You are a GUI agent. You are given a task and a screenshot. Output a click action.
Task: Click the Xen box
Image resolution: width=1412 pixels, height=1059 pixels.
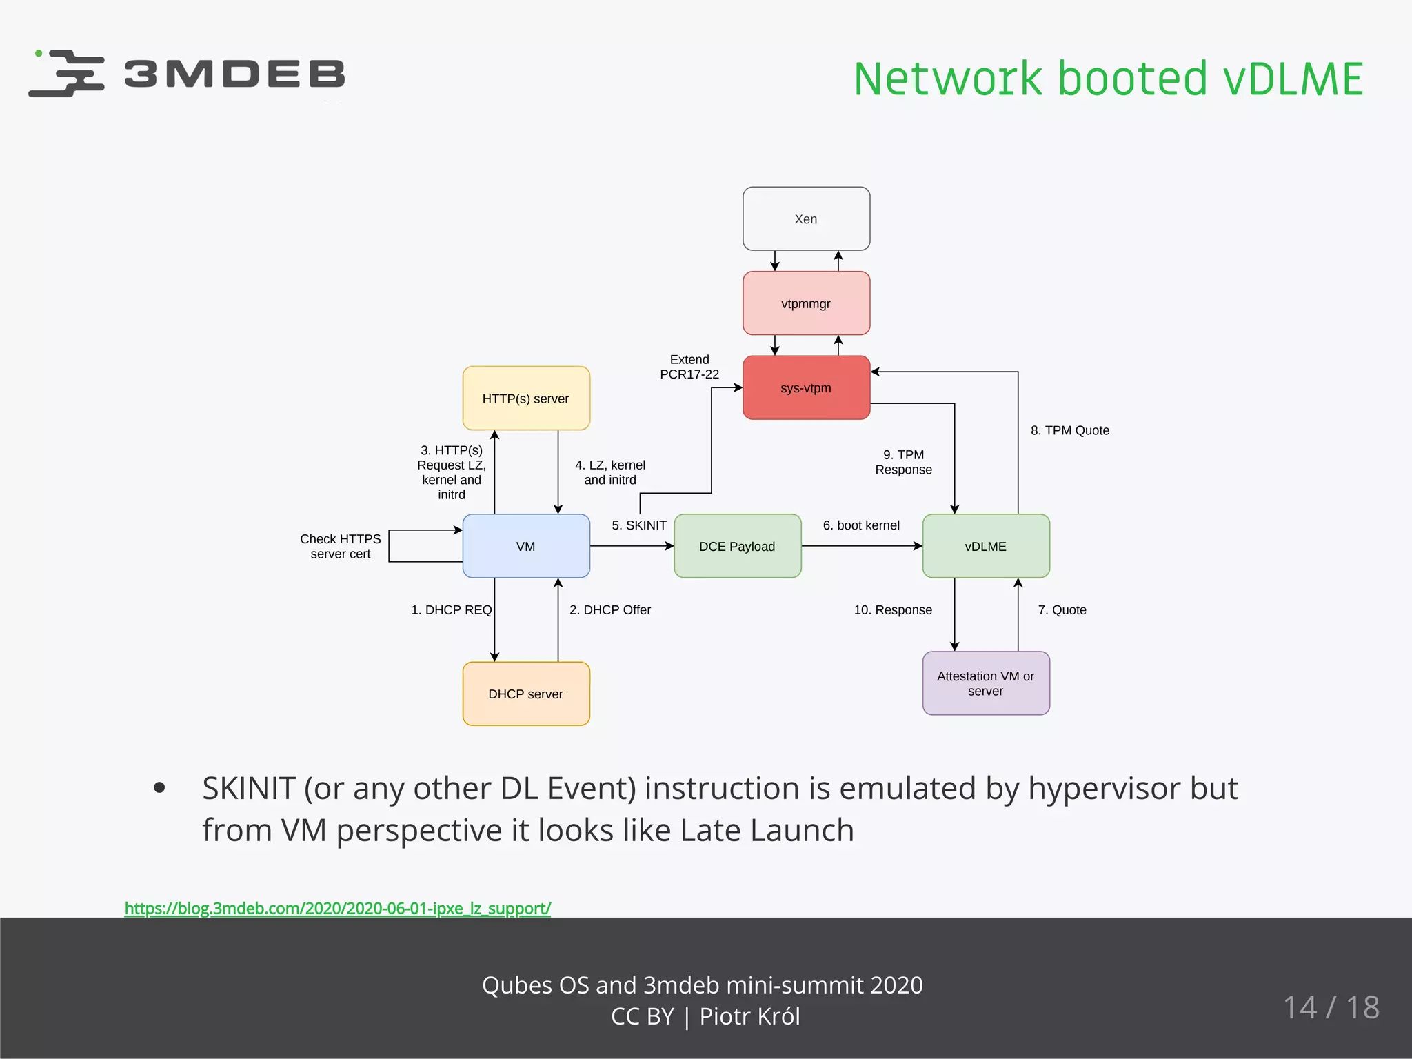(x=806, y=219)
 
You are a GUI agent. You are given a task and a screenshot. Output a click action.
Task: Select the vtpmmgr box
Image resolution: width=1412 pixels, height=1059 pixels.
(x=806, y=303)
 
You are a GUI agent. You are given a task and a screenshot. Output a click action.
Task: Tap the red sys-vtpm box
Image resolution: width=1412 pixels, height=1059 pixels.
(x=806, y=387)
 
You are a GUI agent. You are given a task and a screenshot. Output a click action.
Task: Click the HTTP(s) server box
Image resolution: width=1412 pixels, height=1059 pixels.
(x=526, y=399)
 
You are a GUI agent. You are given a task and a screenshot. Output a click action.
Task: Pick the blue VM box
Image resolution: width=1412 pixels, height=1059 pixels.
(x=526, y=546)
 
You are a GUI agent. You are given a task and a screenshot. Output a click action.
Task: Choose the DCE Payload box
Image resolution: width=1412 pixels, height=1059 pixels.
(x=737, y=546)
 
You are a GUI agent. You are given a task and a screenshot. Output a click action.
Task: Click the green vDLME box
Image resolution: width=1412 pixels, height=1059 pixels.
(x=986, y=546)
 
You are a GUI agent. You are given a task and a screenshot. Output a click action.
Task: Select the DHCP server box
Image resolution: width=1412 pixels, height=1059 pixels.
(x=526, y=694)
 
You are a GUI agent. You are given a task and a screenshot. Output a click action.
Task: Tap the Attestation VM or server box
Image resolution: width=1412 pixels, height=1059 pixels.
(x=986, y=683)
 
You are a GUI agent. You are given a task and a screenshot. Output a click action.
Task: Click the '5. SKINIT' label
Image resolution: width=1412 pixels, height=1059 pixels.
(x=639, y=525)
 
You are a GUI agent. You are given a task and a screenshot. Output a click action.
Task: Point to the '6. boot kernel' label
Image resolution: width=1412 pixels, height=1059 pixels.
(x=861, y=525)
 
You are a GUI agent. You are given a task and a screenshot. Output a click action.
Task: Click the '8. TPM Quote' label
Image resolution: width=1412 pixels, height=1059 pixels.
(x=1070, y=430)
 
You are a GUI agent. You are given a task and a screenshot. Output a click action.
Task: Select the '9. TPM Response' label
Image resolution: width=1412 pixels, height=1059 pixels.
(x=903, y=462)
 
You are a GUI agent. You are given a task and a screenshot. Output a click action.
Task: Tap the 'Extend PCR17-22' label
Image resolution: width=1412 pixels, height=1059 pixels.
(x=689, y=367)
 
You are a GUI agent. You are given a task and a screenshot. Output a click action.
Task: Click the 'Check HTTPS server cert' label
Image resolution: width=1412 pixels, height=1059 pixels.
(x=341, y=546)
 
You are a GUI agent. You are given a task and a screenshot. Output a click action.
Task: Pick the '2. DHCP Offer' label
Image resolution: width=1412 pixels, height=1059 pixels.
(x=610, y=609)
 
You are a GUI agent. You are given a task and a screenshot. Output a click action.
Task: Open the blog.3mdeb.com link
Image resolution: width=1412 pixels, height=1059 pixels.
(x=338, y=908)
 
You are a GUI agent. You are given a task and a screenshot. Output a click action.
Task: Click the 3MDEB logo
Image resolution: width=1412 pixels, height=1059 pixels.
(x=186, y=73)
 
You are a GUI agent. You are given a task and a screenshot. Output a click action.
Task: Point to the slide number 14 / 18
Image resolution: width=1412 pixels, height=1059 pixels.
(x=1331, y=1007)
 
